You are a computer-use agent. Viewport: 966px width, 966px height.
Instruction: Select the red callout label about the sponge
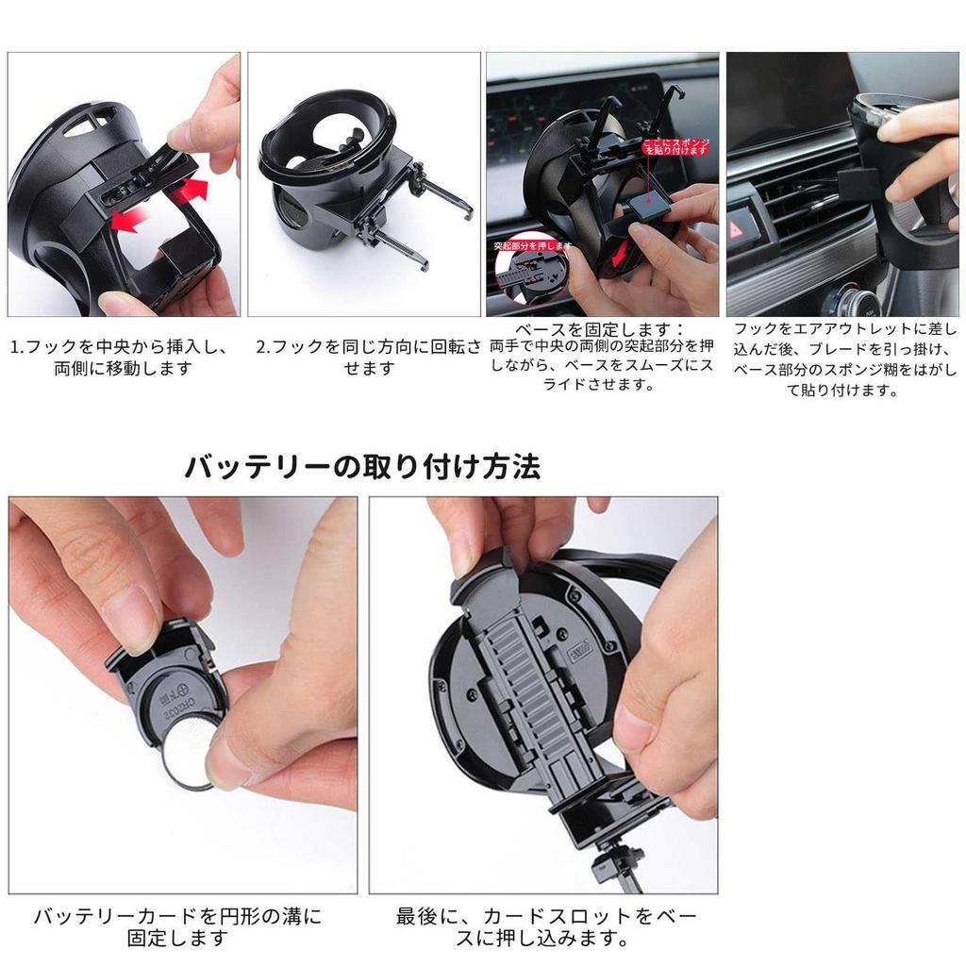coord(675,147)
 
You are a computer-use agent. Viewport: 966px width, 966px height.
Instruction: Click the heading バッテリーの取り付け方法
coord(362,467)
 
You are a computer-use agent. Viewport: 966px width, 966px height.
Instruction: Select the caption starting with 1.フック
coord(121,358)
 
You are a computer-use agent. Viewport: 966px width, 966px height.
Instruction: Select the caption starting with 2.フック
coord(368,358)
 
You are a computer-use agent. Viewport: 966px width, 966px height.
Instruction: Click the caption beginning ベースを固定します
coord(602,357)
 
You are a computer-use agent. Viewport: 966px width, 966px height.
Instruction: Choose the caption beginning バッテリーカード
coord(178,926)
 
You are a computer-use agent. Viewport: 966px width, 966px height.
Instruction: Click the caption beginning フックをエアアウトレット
coord(844,358)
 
